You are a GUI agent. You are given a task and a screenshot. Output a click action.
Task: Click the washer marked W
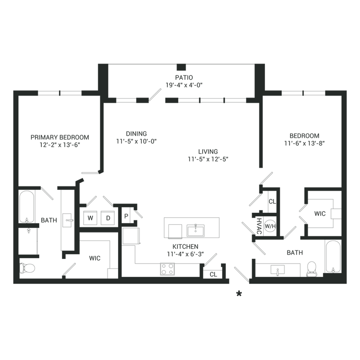(90, 217)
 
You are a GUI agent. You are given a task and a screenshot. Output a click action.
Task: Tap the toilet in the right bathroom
(312, 268)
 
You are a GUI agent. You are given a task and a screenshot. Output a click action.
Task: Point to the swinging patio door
(154, 96)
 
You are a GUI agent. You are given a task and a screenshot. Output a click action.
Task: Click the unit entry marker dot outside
(239, 293)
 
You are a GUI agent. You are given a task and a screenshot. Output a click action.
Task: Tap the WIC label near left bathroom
(93, 258)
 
